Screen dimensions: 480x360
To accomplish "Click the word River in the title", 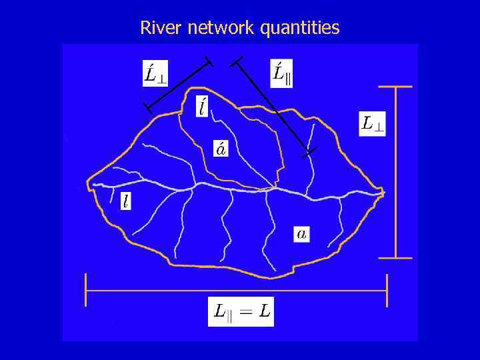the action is tap(157, 28).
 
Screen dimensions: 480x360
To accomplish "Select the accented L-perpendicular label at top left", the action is tap(155, 73).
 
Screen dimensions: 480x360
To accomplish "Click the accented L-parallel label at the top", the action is tap(282, 73).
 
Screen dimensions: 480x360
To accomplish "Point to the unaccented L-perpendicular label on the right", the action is tap(372, 123).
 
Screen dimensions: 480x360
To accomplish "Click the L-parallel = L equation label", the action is tap(241, 312).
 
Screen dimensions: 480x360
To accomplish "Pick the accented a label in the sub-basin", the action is tap(220, 148).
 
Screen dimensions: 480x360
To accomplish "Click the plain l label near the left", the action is tap(126, 201).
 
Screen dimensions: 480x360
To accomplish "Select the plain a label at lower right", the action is tap(302, 233).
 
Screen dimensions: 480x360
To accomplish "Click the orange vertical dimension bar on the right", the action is tap(395, 172).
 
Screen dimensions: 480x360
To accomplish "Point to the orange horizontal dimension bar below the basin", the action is tap(237, 291).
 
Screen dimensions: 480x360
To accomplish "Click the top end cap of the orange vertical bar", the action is tap(395, 87).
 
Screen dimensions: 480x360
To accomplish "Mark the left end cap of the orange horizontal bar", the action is tap(86, 291).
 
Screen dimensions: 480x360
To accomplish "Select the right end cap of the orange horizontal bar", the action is tap(387, 291).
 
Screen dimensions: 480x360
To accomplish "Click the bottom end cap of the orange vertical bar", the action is tap(395, 257).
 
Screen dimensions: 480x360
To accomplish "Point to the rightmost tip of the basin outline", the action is tap(385, 193).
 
